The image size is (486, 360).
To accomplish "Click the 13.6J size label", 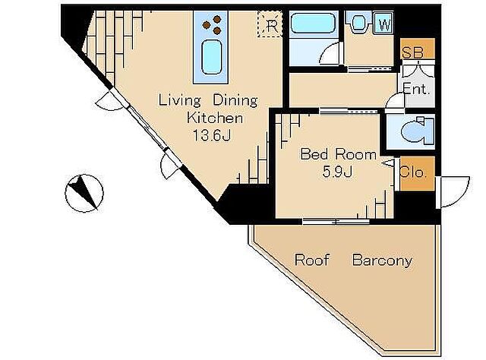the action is (x=212, y=135).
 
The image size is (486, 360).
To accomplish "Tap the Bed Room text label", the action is (x=338, y=154).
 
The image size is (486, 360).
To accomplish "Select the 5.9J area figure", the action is (x=337, y=172).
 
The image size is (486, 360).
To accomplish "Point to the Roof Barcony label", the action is (x=353, y=260).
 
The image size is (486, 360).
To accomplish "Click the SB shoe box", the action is (x=417, y=49).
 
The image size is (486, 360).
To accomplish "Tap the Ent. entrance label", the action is (x=416, y=90).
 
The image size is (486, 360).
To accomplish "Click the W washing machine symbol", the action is (x=383, y=23).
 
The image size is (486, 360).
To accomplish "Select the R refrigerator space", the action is (x=270, y=24).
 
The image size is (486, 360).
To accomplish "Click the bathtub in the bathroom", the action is (x=314, y=24).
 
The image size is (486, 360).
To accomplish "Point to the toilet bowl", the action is (x=416, y=131).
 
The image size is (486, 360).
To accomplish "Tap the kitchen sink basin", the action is (x=212, y=58).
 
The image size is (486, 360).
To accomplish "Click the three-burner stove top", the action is (x=212, y=24).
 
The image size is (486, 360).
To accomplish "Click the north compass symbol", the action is (x=84, y=193).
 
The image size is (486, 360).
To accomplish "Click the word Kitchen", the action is (x=215, y=118).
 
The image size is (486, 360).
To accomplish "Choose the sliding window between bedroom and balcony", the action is (x=336, y=221).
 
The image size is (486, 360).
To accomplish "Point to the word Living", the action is (x=180, y=100).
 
